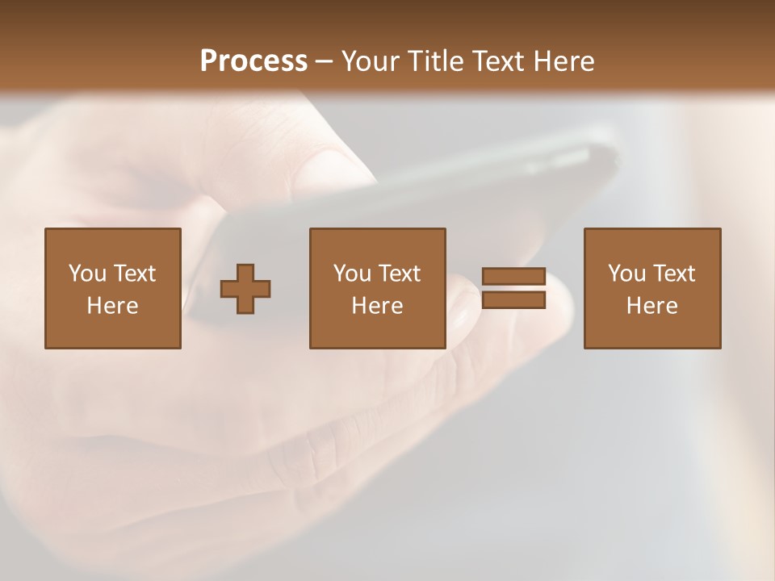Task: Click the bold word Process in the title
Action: (253, 61)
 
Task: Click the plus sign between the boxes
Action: (245, 289)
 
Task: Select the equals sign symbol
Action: (513, 288)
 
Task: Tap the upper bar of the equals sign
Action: (513, 277)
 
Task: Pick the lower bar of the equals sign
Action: (513, 299)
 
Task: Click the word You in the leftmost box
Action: (87, 274)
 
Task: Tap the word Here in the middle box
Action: (378, 306)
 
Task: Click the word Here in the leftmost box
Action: (113, 306)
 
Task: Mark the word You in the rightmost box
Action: (626, 274)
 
